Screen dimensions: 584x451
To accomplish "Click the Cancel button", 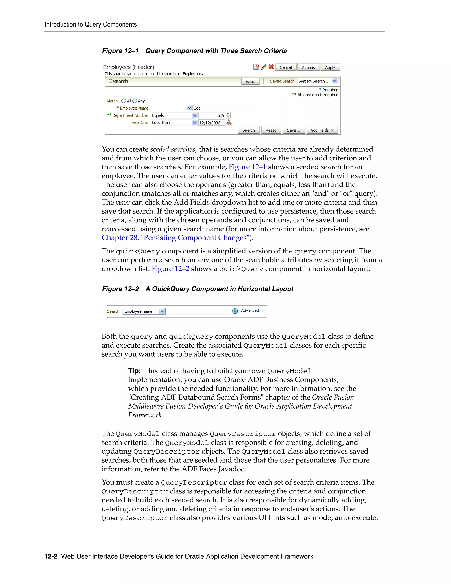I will point(286,67).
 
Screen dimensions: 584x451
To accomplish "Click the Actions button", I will point(308,67).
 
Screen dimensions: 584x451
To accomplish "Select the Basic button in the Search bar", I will point(250,81).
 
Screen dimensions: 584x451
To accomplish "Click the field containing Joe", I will point(225,108).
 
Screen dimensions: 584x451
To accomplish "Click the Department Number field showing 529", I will point(212,115).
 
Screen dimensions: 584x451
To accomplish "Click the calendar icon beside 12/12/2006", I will point(229,123).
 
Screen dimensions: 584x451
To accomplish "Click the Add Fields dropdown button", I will point(322,130).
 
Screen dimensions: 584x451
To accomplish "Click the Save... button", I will point(294,130).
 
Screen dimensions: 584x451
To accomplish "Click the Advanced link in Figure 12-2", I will point(250,311).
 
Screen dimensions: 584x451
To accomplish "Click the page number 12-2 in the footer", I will point(51,556).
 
